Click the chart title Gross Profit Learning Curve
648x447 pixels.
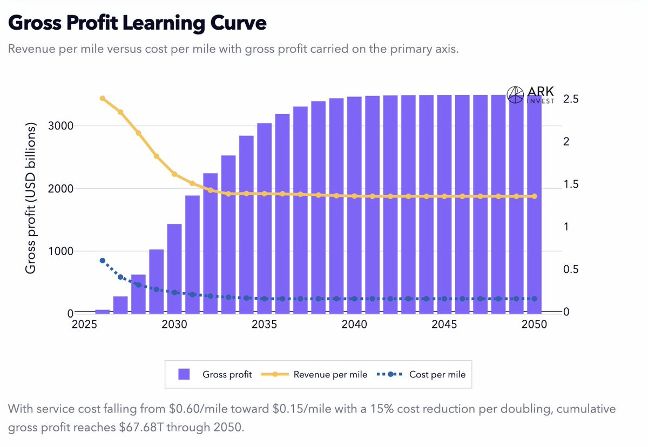point(138,24)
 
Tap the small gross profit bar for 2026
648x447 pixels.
point(102,311)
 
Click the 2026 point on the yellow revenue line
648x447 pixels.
point(103,98)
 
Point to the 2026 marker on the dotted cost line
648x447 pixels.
point(103,260)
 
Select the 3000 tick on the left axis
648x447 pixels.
point(59,126)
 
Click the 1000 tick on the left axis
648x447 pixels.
point(59,251)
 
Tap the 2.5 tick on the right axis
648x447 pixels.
point(570,100)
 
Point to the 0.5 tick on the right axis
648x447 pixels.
point(570,270)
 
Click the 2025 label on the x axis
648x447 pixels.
point(84,325)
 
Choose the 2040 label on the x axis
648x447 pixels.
point(354,325)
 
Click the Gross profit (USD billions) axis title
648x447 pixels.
point(31,198)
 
